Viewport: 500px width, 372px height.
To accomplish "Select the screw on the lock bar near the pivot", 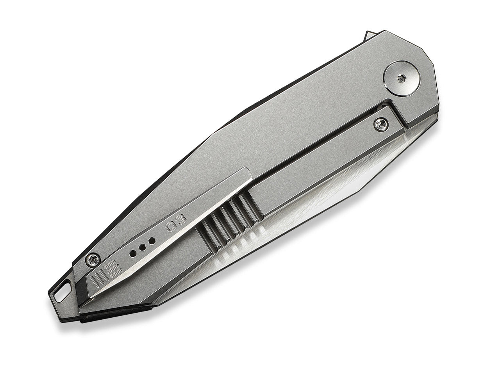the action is [x=381, y=125].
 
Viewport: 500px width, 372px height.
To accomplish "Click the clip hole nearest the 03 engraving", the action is [x=153, y=240].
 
